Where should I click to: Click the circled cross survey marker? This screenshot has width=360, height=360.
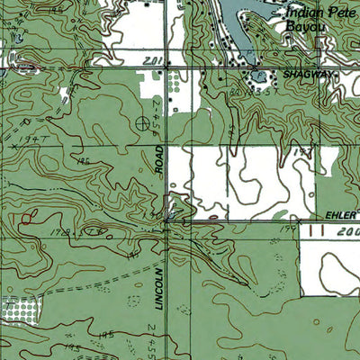coord(142,121)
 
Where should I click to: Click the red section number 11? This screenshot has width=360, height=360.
coord(314,230)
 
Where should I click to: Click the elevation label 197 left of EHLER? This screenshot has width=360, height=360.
coord(288,230)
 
